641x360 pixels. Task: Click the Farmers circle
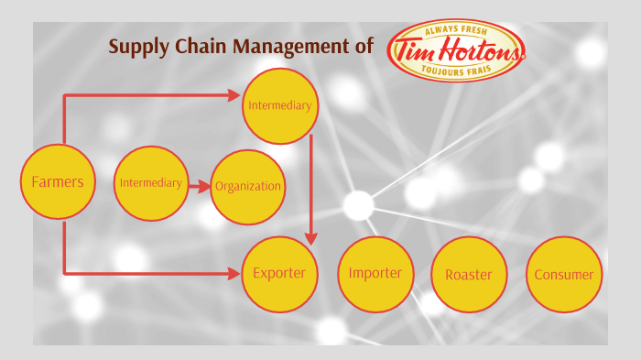pos(57,181)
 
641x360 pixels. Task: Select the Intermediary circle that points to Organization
pos(151,183)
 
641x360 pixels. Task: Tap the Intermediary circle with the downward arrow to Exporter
pos(279,105)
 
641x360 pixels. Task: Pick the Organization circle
pos(248,186)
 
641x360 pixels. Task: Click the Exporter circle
pos(279,273)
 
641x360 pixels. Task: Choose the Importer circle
pos(375,273)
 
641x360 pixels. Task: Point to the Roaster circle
pos(468,274)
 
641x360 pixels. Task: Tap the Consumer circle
pos(563,274)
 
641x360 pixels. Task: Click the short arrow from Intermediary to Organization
pos(200,184)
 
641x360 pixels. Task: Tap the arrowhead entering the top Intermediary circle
pos(234,94)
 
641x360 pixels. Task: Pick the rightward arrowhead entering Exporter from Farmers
pos(234,272)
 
